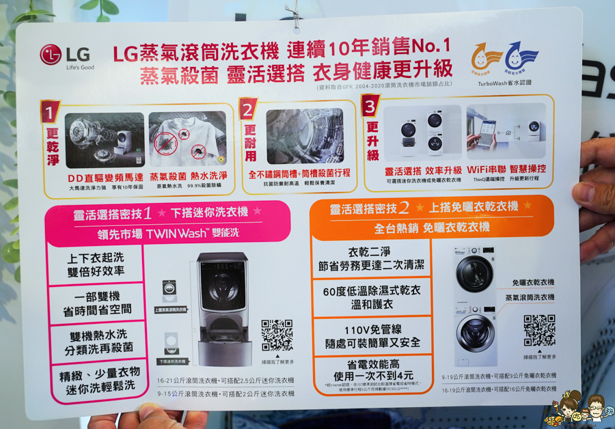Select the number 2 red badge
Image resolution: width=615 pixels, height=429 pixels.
coord(248,109)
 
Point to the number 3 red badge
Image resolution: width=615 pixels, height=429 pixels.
coord(370,107)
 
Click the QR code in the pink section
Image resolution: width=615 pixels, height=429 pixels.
coord(277,335)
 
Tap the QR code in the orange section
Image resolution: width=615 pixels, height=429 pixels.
coord(539,331)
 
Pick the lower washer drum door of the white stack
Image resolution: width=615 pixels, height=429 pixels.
coord(476,333)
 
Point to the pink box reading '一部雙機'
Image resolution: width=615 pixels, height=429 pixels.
coord(94,303)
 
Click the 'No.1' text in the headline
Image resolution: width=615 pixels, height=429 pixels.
coord(428,46)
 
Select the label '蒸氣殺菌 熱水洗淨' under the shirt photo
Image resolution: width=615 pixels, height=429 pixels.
coord(187,177)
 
